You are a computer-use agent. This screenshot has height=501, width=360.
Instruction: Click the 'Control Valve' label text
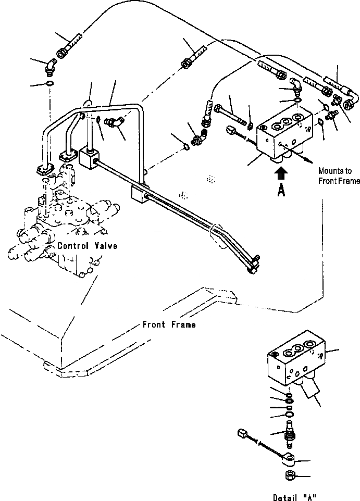coord(87,246)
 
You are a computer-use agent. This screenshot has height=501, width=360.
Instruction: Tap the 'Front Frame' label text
coord(169,324)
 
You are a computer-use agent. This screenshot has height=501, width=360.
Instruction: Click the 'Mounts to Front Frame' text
coord(339,176)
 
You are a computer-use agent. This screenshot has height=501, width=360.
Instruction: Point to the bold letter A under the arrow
coord(281,191)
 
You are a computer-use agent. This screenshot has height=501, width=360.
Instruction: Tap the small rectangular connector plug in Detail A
coord(242,433)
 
